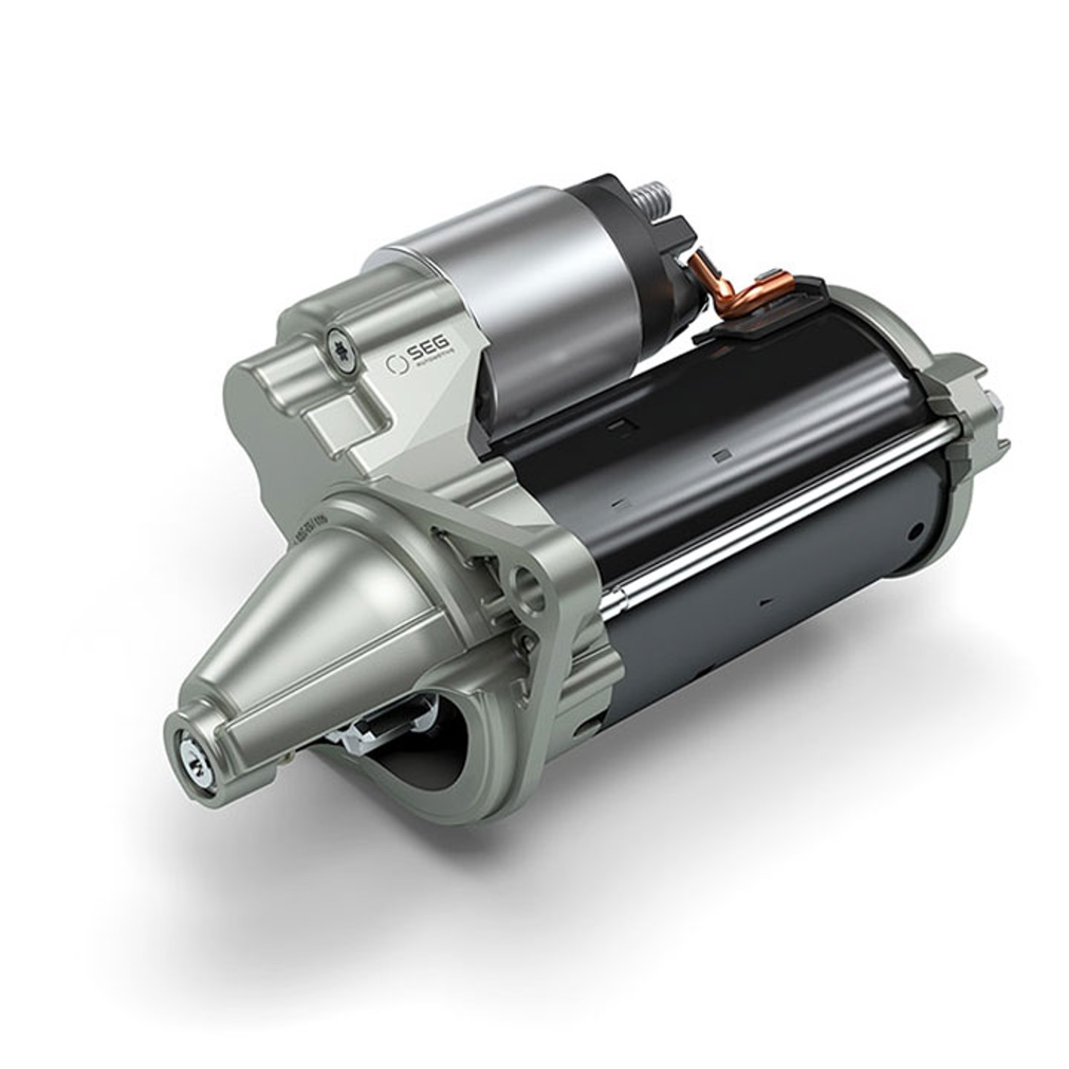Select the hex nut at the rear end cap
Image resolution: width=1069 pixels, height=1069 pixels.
click(x=993, y=416)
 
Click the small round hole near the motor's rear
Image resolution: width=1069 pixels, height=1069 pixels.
click(x=918, y=529)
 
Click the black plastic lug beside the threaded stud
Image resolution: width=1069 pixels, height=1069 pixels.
click(x=679, y=230)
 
